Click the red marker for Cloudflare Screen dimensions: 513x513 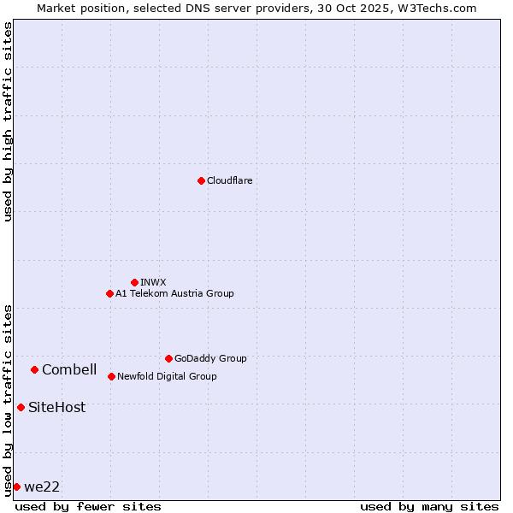(x=201, y=180)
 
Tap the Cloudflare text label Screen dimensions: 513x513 (x=230, y=180)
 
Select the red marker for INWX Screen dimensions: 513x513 (x=134, y=282)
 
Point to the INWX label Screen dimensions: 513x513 (x=154, y=282)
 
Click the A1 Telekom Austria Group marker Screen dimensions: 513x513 (x=109, y=293)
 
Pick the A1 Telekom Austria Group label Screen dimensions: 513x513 (x=174, y=293)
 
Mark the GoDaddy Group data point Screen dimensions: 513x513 (x=168, y=358)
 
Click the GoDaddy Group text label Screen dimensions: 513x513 (x=210, y=358)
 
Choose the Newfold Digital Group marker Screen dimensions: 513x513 (x=111, y=376)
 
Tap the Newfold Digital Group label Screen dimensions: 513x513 (x=167, y=376)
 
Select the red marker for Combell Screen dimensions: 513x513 (x=34, y=369)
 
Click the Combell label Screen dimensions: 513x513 (x=69, y=369)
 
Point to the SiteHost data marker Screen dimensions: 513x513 (x=21, y=407)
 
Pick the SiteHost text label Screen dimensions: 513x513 (x=56, y=407)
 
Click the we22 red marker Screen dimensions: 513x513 (x=16, y=486)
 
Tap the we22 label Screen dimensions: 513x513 (x=42, y=486)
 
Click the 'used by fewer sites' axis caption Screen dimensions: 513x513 (x=88, y=506)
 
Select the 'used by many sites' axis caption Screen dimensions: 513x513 (x=429, y=506)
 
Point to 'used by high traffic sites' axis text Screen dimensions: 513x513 (x=8, y=121)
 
